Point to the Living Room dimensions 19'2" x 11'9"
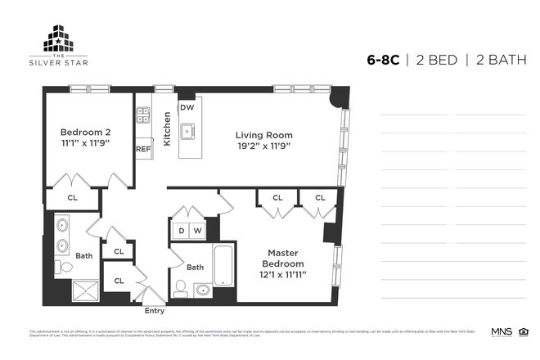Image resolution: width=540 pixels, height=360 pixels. (263, 146)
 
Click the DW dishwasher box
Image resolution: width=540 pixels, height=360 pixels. (187, 107)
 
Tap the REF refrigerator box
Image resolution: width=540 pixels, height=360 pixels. (143, 149)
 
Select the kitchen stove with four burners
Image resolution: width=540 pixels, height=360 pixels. (143, 116)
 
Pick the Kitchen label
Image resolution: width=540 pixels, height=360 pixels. (166, 129)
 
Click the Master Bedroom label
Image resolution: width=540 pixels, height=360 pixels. (283, 259)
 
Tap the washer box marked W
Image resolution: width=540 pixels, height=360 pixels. (196, 231)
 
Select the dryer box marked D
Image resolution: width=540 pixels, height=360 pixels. (182, 231)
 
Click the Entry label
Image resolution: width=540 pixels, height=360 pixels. (154, 311)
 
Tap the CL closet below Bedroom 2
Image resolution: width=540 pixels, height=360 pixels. (72, 197)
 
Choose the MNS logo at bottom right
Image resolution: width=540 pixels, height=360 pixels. (501, 331)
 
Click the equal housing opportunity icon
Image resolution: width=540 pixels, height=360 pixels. (524, 331)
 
